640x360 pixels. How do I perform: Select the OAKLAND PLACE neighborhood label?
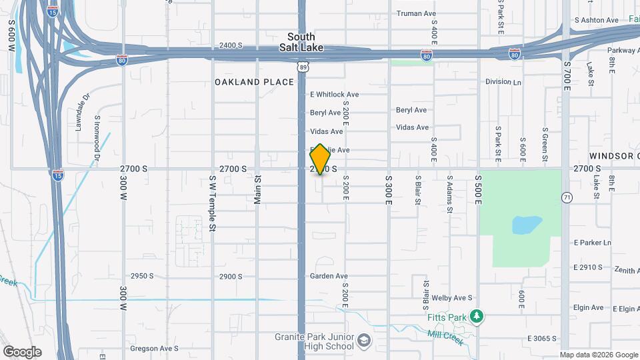click(254, 82)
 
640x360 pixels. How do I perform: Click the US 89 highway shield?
click(303, 67)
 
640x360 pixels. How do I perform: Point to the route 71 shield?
click(567, 197)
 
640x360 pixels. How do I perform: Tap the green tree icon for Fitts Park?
click(476, 315)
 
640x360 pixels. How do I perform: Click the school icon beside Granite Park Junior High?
click(364, 341)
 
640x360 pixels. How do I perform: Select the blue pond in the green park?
click(526, 225)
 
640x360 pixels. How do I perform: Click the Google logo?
click(22, 351)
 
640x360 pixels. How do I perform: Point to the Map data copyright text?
click(598, 355)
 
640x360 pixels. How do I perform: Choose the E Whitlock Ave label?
click(335, 95)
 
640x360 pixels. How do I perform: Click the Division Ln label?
click(503, 82)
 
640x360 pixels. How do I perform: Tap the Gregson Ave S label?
click(154, 349)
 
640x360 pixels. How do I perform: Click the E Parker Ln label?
click(592, 243)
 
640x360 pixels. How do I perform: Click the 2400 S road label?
click(230, 45)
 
